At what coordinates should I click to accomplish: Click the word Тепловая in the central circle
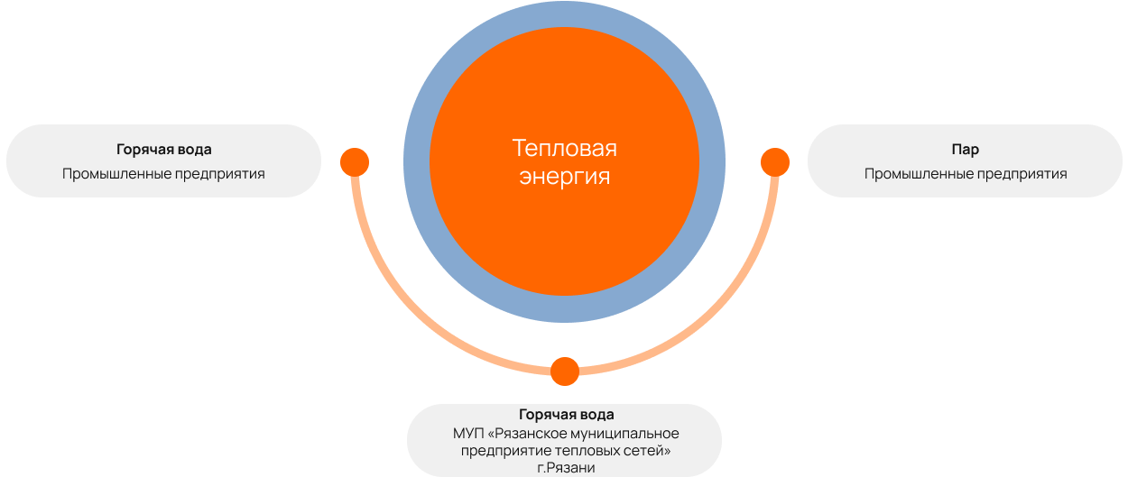tap(564, 149)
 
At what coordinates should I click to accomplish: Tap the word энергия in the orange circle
tap(564, 177)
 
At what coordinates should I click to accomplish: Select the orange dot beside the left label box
tap(355, 162)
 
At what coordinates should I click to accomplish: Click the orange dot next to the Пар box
tap(775, 162)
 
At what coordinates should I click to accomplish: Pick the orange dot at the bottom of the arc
tap(565, 372)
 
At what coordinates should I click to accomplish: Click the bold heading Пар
tap(965, 150)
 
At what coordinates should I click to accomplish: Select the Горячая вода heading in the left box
tap(163, 150)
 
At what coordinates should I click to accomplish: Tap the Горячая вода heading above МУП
tap(566, 415)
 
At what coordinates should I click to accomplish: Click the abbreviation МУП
tap(467, 433)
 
